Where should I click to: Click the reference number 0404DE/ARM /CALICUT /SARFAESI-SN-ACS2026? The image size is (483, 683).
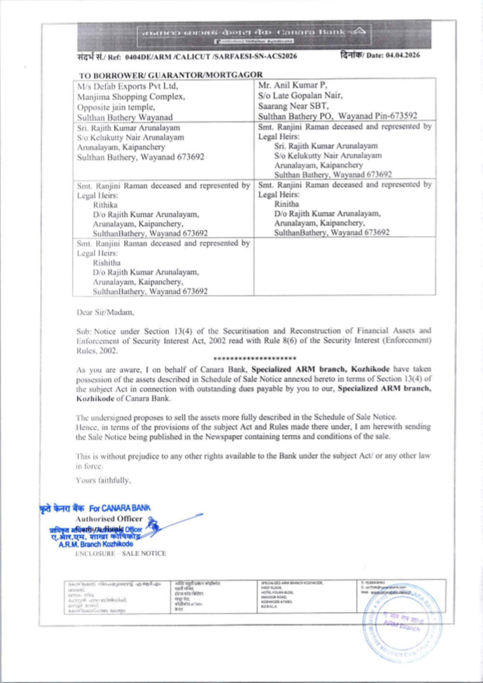211,56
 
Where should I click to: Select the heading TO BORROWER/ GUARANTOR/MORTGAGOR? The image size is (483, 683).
171,75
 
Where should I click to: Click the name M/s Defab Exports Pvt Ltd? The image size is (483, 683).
128,86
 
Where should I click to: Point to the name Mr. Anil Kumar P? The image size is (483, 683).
293,85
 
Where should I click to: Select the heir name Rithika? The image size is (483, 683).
105,205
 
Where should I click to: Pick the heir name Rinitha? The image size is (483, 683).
286,204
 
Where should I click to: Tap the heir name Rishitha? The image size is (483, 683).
106,263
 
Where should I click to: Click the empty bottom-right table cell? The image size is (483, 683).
344,266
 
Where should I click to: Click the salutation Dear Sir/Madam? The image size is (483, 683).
105,312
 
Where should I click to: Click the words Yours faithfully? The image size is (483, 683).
103,480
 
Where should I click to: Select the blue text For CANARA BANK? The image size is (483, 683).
120,508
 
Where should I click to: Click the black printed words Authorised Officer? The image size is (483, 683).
109,519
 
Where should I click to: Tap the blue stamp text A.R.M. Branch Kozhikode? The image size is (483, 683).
96,544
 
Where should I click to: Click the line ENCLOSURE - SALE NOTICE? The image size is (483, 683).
120,554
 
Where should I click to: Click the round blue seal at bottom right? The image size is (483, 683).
402,626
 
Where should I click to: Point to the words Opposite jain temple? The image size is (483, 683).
116,107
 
